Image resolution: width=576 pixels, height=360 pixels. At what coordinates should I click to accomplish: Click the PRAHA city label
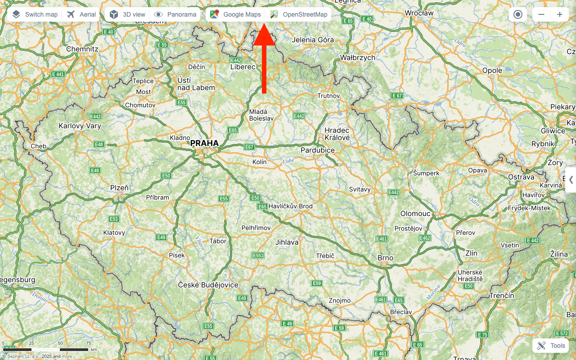[204, 143]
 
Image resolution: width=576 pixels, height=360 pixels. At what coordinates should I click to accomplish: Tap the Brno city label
[385, 258]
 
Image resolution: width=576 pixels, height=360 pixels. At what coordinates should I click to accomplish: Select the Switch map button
[35, 14]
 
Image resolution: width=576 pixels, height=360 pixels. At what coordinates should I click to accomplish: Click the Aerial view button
[81, 14]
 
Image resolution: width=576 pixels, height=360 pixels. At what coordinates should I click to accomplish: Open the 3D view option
[128, 14]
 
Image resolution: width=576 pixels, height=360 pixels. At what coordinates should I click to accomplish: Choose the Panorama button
[175, 14]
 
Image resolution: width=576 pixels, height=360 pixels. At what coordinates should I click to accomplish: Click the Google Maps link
[235, 14]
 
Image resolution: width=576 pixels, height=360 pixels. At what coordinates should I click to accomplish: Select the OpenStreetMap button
[299, 14]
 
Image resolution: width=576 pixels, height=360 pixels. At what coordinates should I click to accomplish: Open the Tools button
[551, 346]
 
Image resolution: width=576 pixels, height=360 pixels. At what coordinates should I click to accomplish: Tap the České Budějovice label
[208, 285]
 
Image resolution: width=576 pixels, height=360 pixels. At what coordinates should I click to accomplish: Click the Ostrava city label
[521, 177]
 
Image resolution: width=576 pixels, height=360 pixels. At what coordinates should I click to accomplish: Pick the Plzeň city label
[119, 188]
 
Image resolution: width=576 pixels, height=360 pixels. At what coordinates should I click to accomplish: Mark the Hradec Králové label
[337, 134]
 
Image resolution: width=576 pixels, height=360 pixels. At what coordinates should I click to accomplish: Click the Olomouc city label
[415, 213]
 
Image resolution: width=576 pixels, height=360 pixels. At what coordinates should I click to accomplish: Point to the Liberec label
[243, 67]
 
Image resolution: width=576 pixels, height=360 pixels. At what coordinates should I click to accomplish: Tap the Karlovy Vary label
[80, 126]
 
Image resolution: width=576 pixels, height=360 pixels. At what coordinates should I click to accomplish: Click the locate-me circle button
[517, 14]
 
